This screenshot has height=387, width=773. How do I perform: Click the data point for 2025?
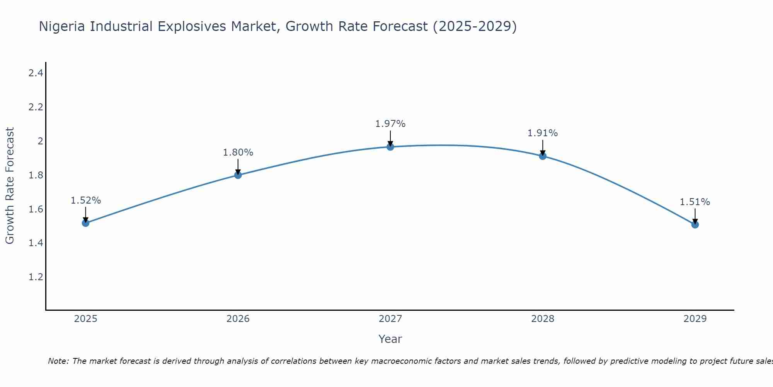(86, 223)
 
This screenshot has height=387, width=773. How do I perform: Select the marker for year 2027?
(390, 147)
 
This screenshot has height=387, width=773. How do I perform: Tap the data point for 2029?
(695, 224)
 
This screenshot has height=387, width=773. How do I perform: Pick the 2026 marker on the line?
(238, 175)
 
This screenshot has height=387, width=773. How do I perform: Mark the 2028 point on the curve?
(543, 156)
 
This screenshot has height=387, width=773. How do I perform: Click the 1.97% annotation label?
(390, 124)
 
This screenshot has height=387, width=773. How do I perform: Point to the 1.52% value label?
(86, 200)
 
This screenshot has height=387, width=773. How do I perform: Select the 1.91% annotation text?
(543, 133)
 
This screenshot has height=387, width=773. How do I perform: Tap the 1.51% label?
(695, 202)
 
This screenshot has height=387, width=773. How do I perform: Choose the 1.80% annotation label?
(238, 152)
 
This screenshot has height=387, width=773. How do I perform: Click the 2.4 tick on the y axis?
(36, 73)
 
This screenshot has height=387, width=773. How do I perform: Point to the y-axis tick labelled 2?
(40, 141)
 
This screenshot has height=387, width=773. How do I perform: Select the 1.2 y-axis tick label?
(36, 277)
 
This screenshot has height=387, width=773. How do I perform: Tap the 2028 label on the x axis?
(543, 319)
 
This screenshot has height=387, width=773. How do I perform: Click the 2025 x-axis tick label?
(86, 319)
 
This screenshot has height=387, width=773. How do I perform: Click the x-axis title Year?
(390, 339)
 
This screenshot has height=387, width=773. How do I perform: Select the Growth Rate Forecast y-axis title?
(10, 186)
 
